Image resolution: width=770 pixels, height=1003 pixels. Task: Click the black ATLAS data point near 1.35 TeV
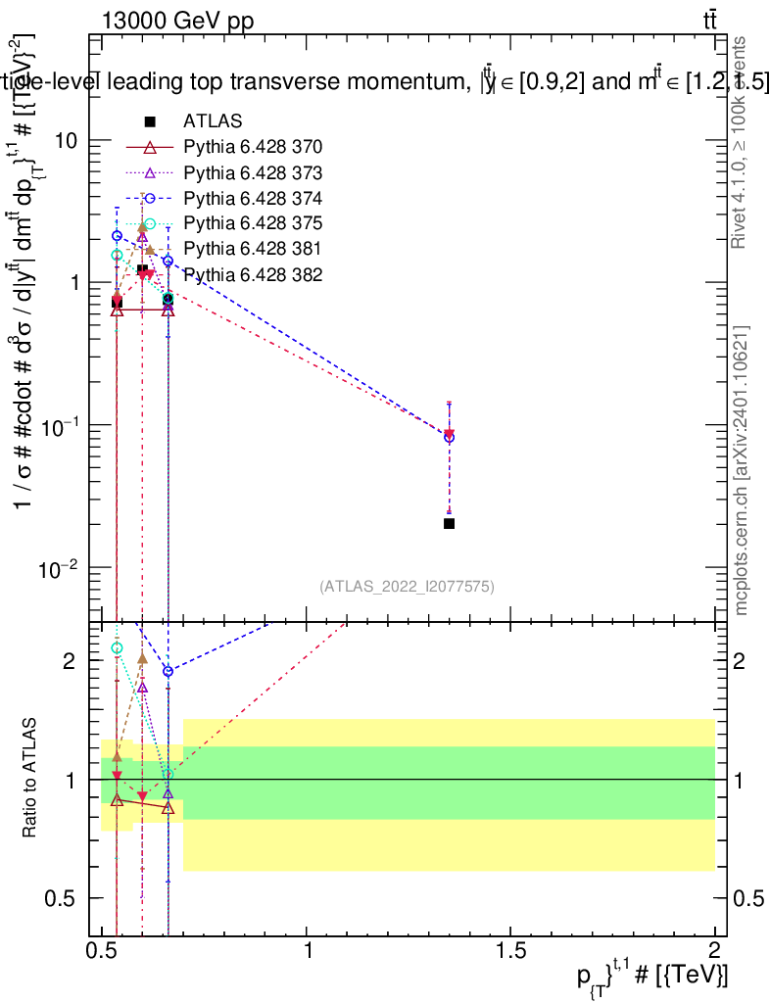click(x=449, y=523)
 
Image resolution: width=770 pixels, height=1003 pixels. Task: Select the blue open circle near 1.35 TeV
click(x=449, y=437)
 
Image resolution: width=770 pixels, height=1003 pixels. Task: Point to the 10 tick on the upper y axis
click(x=67, y=140)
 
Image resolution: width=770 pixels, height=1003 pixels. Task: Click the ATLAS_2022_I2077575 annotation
click(x=407, y=586)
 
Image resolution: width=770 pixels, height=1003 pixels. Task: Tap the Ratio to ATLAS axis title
click(x=30, y=779)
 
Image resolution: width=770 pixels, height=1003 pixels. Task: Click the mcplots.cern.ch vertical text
click(x=742, y=470)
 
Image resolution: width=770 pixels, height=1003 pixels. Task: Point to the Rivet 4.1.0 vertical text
click(x=742, y=142)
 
